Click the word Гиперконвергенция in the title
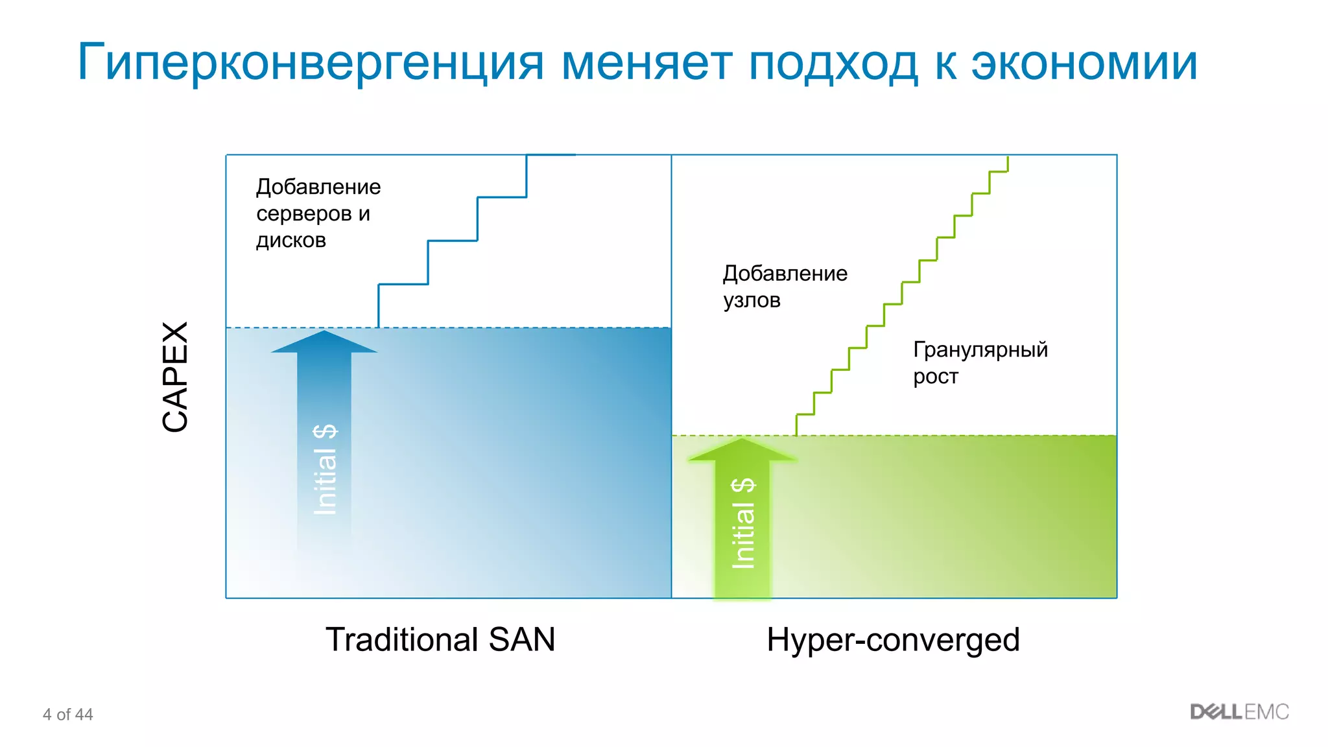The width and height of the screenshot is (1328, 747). (310, 64)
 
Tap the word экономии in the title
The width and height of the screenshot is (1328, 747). (1084, 64)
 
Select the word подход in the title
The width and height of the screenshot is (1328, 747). (833, 64)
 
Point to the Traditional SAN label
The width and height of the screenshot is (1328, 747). (440, 639)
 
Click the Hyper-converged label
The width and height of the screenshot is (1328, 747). (893, 639)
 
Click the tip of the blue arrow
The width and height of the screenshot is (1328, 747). (324, 333)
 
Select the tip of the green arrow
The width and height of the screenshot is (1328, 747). (742, 440)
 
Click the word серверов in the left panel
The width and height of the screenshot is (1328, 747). (303, 213)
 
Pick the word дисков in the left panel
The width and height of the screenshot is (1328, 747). (290, 241)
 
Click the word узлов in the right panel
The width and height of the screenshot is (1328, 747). (752, 300)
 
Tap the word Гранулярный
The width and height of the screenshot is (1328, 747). (980, 350)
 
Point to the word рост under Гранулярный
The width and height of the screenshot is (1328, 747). (935, 377)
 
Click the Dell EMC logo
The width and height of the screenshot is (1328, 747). (1239, 712)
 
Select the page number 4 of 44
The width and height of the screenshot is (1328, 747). (67, 715)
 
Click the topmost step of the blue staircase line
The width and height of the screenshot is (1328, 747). (551, 155)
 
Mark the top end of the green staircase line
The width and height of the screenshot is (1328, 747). (1008, 158)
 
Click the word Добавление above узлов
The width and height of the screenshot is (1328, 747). (785, 274)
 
